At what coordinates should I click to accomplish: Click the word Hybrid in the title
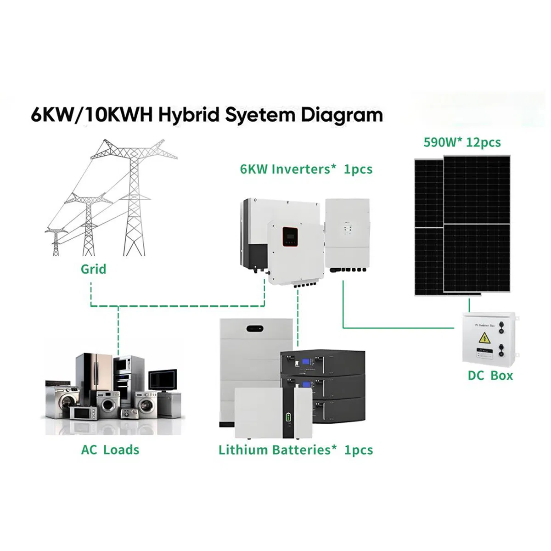coord(189,115)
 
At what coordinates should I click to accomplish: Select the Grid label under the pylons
coord(93,269)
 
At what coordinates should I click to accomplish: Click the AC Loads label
coord(110,450)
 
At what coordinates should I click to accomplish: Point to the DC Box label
coord(490,376)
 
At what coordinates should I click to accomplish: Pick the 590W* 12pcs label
coord(462,142)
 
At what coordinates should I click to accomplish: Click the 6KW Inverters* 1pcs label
coord(306,169)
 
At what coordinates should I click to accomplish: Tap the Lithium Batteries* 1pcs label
coord(296,450)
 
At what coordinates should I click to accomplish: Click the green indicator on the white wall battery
coord(288,417)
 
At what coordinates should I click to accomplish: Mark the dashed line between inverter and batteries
coord(298,317)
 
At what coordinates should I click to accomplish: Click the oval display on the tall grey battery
coord(255,329)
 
